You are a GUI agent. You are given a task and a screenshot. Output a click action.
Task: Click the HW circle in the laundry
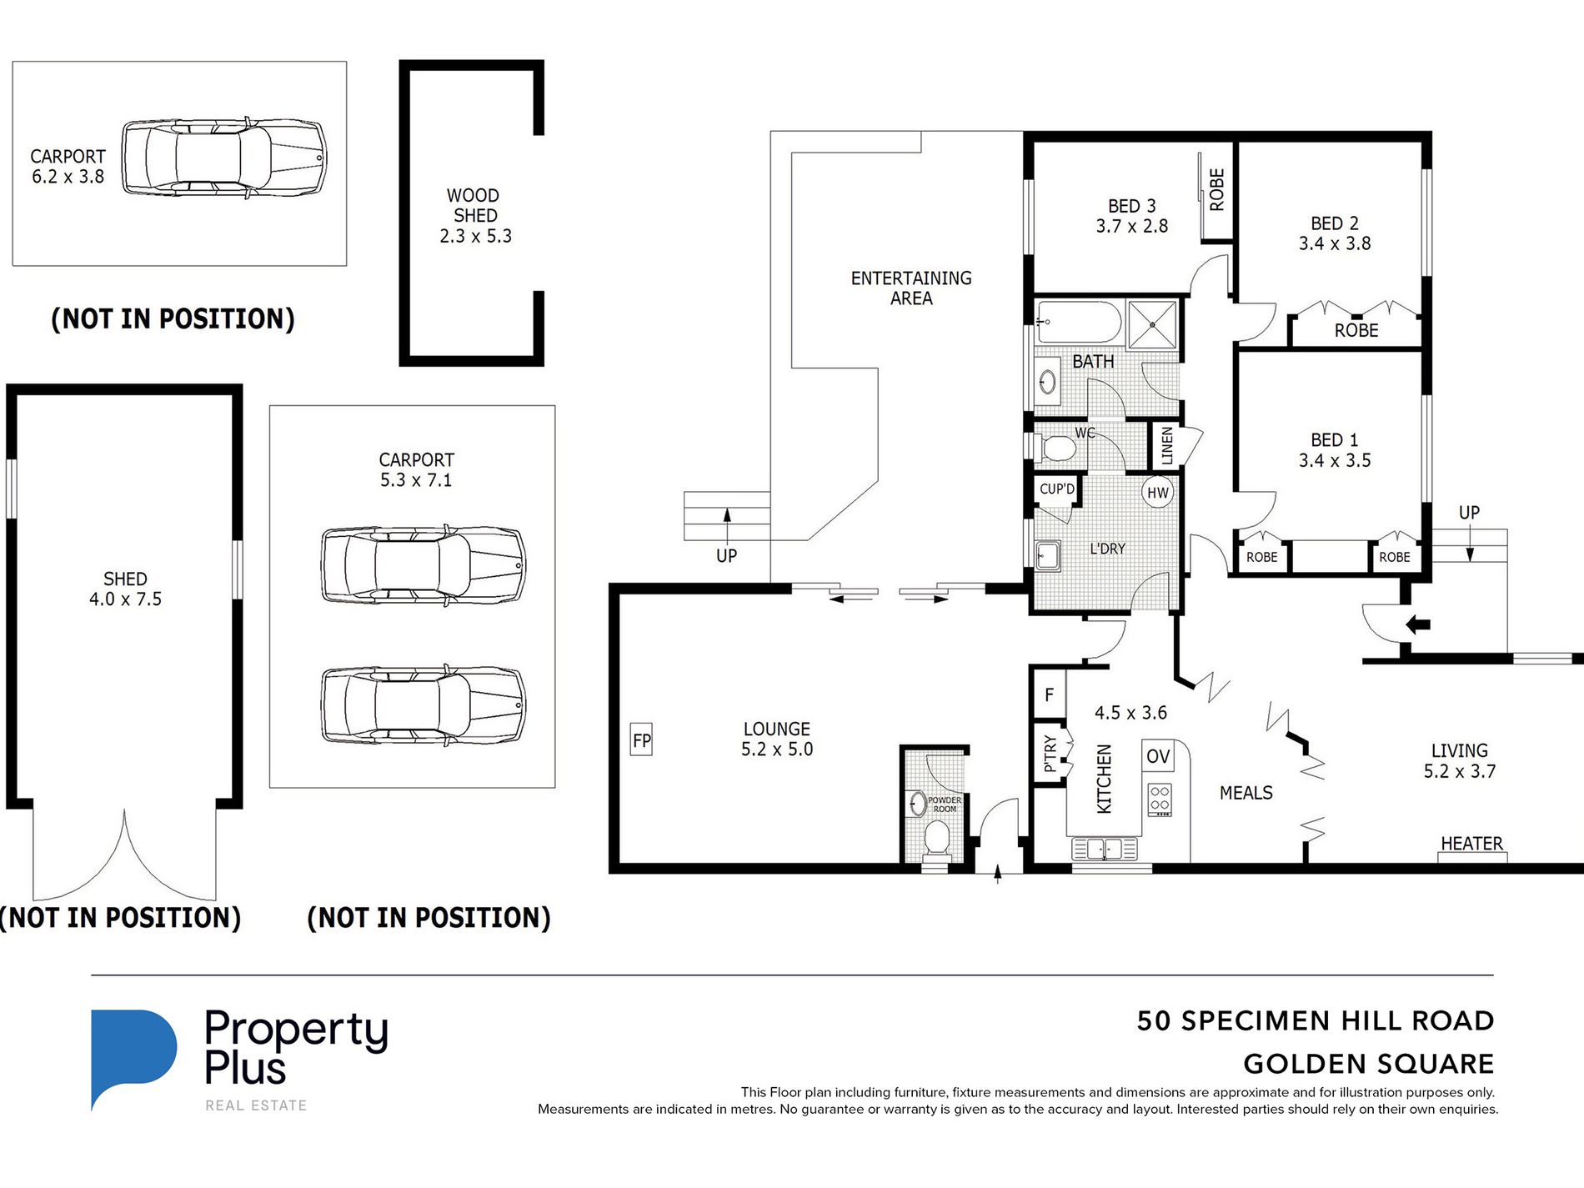(1157, 492)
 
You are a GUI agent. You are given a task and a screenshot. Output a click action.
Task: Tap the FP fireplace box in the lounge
(641, 739)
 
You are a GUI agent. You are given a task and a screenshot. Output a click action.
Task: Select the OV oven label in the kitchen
(1158, 756)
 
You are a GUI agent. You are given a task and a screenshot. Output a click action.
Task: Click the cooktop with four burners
(1160, 799)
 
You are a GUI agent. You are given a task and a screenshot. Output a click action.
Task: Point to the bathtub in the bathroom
(1079, 322)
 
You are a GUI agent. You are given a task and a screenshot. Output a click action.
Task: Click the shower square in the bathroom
(1152, 323)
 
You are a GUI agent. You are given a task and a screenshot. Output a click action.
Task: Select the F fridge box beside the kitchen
(1049, 694)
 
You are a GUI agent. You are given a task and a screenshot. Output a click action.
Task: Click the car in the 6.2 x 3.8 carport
(224, 158)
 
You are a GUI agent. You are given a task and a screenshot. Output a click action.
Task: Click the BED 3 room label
(1131, 206)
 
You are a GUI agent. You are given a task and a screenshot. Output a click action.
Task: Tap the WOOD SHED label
(474, 205)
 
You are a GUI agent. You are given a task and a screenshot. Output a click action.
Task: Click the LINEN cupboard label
(1167, 446)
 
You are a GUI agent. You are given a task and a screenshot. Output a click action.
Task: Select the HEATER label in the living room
(1471, 844)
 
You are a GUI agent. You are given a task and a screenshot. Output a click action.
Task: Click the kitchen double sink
(1104, 850)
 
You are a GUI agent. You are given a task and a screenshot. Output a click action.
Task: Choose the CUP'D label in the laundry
(1057, 489)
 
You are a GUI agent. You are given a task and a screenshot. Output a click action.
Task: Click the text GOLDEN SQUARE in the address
(1368, 1064)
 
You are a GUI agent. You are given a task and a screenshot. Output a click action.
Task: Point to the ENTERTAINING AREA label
(911, 288)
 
